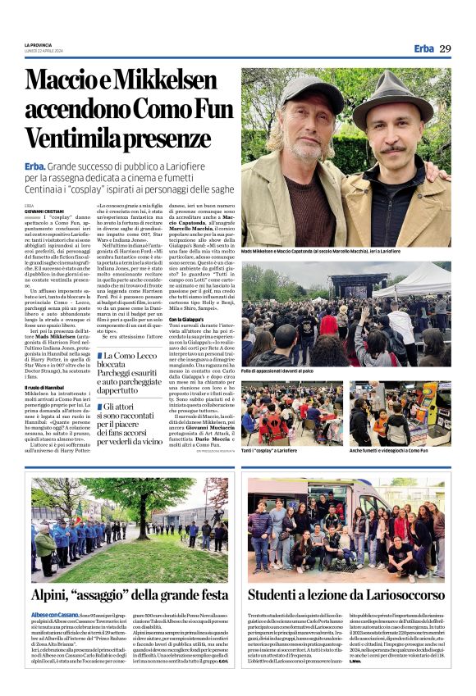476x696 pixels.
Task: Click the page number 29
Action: (445, 48)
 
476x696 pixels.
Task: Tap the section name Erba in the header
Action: (424, 48)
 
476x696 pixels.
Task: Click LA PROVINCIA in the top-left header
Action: (38, 43)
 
